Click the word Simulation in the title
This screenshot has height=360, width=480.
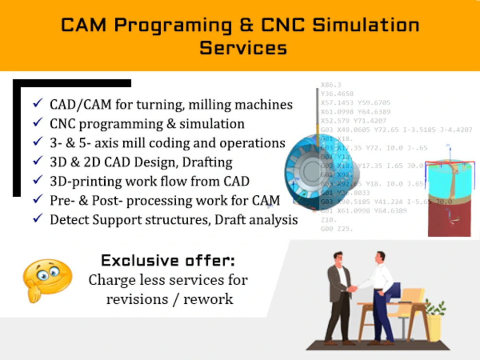[x=366, y=25]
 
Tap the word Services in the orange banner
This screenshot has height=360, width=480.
[x=243, y=48]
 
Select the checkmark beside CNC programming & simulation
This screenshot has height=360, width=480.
[x=37, y=123]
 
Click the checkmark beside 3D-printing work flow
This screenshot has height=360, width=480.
[x=37, y=180]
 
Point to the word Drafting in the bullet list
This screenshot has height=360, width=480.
[x=207, y=162]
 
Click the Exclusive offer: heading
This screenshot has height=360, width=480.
[x=168, y=261]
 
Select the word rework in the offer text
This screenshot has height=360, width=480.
[x=209, y=299]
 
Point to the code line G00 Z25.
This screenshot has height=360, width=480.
[x=336, y=229]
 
